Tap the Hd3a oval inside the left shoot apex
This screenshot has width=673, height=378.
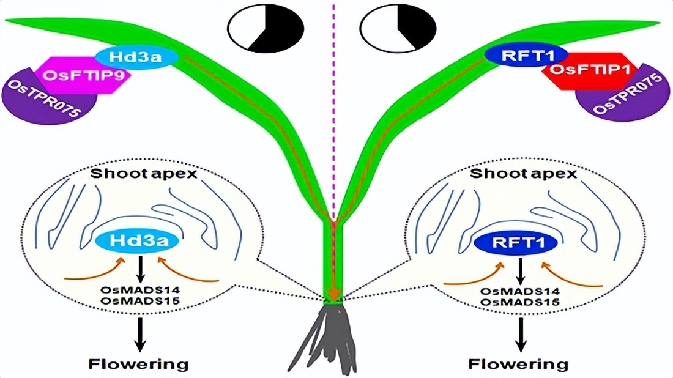point(144,241)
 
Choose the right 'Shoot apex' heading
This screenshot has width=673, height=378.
point(523,174)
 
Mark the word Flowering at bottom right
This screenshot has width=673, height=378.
point(518,365)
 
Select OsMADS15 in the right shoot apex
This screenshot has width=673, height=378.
point(519,302)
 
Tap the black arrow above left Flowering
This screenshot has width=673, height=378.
point(140,333)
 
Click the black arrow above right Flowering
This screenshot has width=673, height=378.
point(520,333)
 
